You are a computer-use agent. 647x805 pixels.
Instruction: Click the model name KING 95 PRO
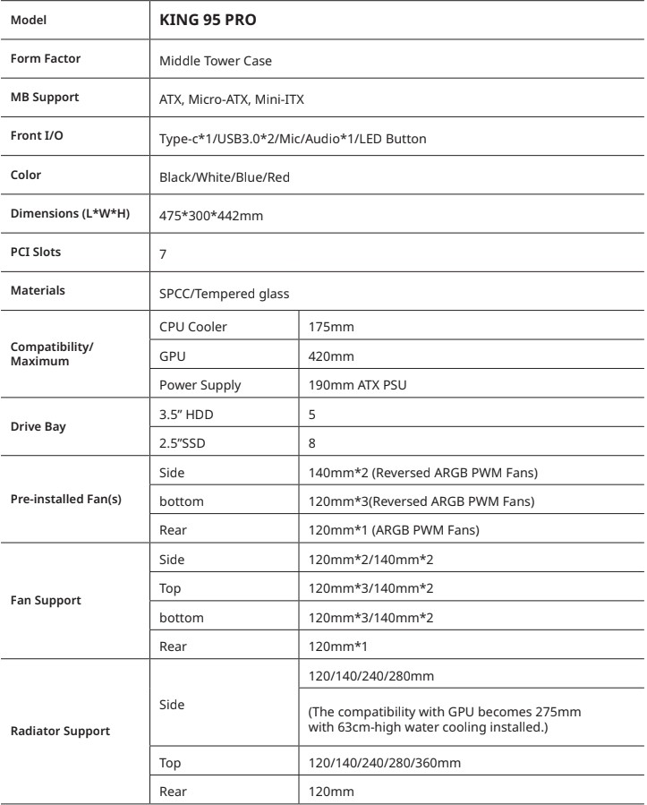point(209,18)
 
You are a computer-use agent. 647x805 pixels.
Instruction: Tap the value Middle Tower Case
point(216,62)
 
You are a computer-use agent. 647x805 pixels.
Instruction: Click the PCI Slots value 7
point(163,255)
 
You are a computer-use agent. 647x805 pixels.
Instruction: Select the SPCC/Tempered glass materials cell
point(222,293)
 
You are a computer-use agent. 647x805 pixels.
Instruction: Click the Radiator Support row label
point(60,731)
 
